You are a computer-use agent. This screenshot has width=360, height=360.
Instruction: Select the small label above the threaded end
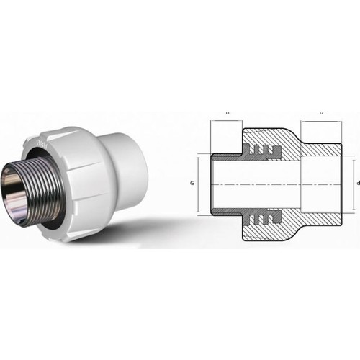click(x=227, y=113)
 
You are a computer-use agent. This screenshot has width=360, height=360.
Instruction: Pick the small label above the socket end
click(x=321, y=113)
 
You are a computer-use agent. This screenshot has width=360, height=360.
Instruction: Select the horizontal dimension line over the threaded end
click(x=227, y=122)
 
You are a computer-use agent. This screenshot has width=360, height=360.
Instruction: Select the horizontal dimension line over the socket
click(x=321, y=122)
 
